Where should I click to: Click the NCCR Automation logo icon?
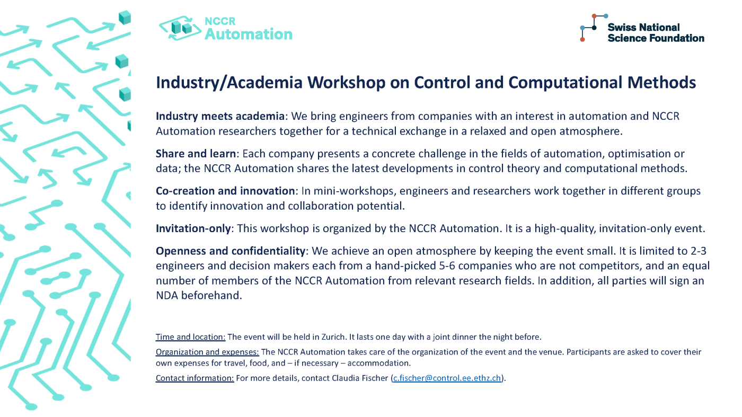pos(181,28)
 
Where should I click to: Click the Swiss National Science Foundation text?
pos(656,33)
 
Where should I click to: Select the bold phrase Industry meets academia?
pos(220,117)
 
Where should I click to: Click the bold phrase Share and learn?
pos(196,154)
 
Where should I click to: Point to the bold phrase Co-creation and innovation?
pos(225,191)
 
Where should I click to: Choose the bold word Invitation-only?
pos(193,228)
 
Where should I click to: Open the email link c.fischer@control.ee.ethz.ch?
pos(446,378)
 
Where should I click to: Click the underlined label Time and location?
pos(190,337)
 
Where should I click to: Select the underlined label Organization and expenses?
pos(207,352)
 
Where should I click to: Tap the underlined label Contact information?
pos(195,378)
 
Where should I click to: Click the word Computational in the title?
pos(564,83)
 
